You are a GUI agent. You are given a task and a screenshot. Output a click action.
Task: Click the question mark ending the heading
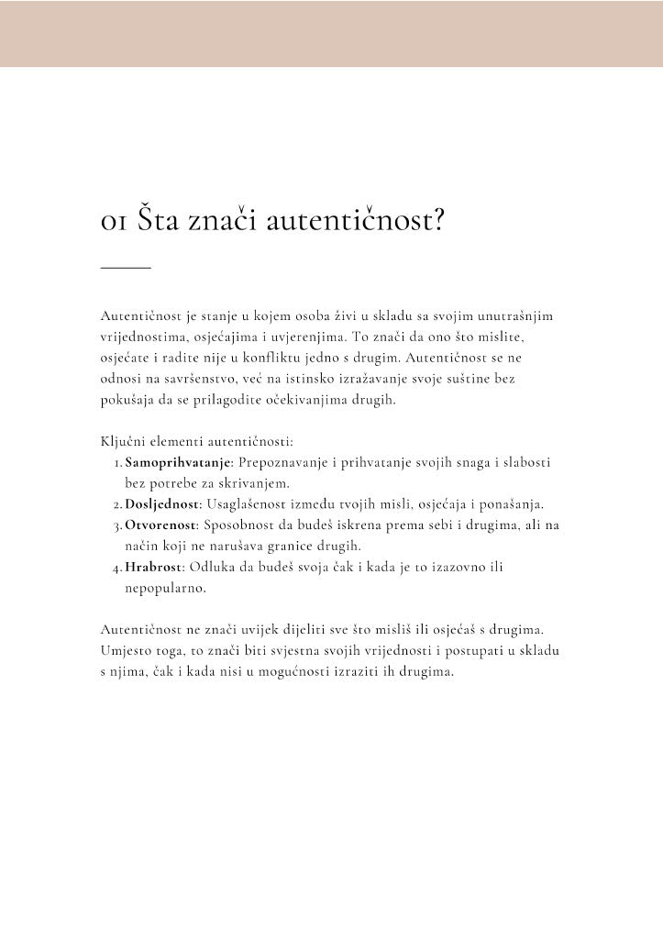click(x=435, y=219)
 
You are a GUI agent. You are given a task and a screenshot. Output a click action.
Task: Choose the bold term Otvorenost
click(x=161, y=525)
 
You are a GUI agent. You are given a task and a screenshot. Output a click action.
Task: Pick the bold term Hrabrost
click(x=153, y=568)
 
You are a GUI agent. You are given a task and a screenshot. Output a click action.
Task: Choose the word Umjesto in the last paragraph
click(x=125, y=651)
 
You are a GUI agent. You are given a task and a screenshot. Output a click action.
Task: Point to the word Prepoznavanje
click(x=283, y=463)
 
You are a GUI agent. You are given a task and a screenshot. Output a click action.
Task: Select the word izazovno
click(x=446, y=568)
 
